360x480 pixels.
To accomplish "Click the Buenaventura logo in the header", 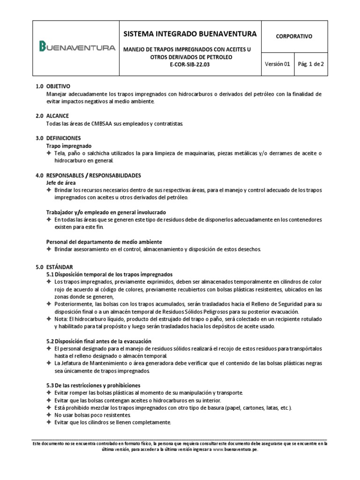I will (77, 47).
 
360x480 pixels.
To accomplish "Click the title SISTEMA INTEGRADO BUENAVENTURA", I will (190, 34).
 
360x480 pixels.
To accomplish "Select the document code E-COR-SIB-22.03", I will (190, 65).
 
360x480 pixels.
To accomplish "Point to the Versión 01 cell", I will (277, 65).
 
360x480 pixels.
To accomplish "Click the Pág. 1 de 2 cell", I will (311, 65).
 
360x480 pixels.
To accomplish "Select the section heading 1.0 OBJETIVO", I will (53, 87).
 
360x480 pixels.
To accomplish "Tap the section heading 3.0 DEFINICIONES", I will (58, 138).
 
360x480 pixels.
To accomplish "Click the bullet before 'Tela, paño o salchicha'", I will (49, 154).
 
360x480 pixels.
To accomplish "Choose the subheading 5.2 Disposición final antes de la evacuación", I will (99, 341).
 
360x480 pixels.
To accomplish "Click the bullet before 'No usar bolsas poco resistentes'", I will (49, 415).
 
